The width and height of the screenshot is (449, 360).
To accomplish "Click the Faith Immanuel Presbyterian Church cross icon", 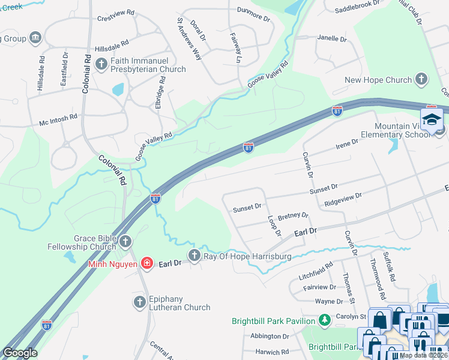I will pyautogui.click(x=101, y=62).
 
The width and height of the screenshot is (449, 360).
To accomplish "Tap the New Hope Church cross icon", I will pyautogui.click(x=421, y=80).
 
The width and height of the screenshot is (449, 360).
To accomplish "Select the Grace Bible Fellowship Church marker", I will pyautogui.click(x=125, y=242).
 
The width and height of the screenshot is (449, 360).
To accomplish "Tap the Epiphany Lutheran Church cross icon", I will pyautogui.click(x=139, y=302).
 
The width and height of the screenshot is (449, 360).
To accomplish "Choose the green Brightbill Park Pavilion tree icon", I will pyautogui.click(x=325, y=320).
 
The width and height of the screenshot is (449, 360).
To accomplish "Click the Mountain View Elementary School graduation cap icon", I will pyautogui.click(x=431, y=120).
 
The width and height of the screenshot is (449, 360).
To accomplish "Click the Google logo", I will pyautogui.click(x=20, y=352).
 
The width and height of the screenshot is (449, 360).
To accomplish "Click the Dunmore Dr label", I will pyautogui.click(x=254, y=19).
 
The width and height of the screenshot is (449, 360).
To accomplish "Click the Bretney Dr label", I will pyautogui.click(x=293, y=215).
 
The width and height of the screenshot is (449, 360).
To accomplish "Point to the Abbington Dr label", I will pyautogui.click(x=270, y=336).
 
